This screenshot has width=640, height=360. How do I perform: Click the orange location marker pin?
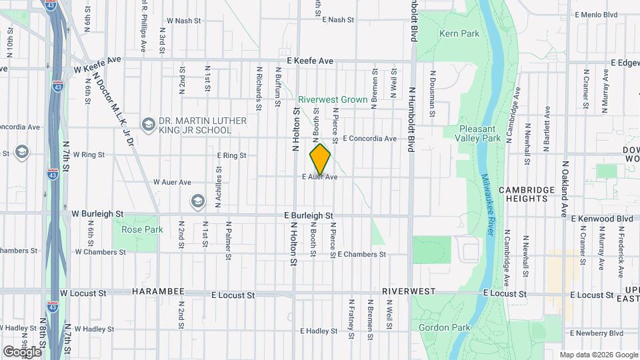click(320, 159)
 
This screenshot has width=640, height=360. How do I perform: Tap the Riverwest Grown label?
click(333, 99)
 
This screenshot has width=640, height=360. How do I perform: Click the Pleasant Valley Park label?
click(480, 133)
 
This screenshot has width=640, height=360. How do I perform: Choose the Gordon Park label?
click(445, 327)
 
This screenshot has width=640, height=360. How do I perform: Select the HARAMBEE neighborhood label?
click(157, 293)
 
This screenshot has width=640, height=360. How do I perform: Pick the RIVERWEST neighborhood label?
click(409, 292)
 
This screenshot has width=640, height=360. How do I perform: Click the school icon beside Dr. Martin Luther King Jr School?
click(148, 124)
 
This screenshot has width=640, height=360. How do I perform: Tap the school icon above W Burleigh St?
click(197, 201)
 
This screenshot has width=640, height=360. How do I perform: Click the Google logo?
click(22, 351)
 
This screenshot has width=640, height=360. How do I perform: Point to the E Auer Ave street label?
click(320, 177)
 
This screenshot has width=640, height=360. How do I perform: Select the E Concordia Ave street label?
click(369, 139)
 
